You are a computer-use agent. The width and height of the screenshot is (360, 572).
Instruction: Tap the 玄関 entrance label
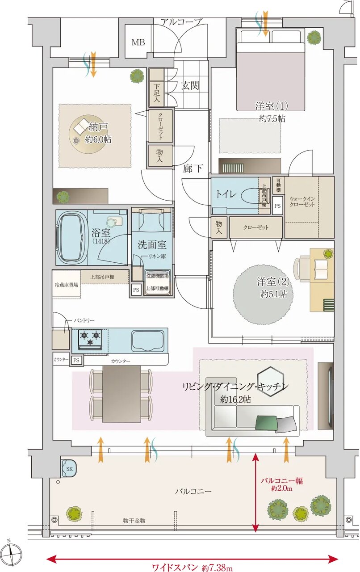pyautogui.click(x=190, y=86)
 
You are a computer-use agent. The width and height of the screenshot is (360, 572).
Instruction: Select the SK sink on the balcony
pyautogui.click(x=69, y=468)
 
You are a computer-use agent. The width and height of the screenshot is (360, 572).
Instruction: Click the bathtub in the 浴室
pyautogui.click(x=71, y=238)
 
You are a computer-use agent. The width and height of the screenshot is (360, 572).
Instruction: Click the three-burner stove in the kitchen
pyautogui.click(x=91, y=339)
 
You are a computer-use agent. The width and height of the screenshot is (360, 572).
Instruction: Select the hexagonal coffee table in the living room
pyautogui.click(x=270, y=378)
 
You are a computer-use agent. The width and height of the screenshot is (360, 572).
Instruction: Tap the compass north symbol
pyautogui.click(x=13, y=551)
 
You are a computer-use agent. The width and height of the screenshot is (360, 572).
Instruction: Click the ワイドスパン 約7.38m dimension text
pyautogui.click(x=192, y=568)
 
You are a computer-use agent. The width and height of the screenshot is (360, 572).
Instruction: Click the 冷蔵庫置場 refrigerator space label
pyautogui.click(x=66, y=284)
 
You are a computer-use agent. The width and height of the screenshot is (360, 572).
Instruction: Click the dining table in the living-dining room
pyautogui.click(x=121, y=393)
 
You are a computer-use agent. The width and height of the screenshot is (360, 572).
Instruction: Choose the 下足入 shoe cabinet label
pyautogui.click(x=157, y=93)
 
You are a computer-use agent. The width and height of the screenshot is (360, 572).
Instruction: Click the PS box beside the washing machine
pyautogui.click(x=136, y=290)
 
